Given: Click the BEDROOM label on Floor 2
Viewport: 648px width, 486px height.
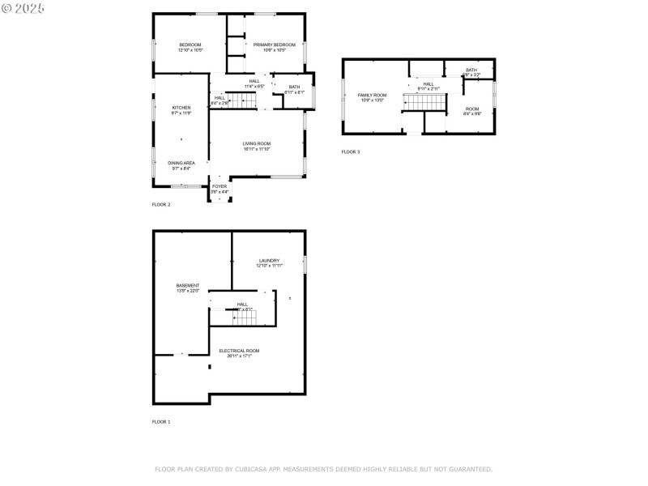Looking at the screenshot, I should [x=190, y=45].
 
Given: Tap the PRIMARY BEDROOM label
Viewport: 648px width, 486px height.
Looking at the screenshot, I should [x=274, y=45].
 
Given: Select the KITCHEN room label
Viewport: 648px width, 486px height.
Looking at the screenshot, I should [x=181, y=108].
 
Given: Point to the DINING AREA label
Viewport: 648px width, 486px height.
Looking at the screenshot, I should [x=181, y=163].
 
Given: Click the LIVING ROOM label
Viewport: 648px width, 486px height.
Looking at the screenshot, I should [x=256, y=143].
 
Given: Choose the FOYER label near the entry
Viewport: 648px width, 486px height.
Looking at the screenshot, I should [x=220, y=186].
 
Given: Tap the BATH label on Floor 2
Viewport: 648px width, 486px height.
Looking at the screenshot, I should [x=294, y=87].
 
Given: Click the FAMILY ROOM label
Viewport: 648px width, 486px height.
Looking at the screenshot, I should [x=373, y=95].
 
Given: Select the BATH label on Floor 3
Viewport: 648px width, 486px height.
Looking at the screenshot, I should [x=471, y=70].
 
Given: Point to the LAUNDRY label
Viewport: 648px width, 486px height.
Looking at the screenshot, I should [x=269, y=260].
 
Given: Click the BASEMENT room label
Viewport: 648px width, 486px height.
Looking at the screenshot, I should [x=188, y=285].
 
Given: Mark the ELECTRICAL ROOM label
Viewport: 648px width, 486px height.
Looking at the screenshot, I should [x=239, y=351].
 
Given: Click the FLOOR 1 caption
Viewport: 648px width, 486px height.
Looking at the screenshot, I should [x=161, y=422].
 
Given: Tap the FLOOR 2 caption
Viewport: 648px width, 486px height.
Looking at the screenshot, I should [x=161, y=204].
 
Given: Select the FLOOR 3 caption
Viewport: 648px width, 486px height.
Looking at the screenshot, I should [x=350, y=152].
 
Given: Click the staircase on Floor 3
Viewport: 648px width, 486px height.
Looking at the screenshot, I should [x=424, y=103].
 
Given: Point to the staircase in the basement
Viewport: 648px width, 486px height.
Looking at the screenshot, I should [x=245, y=318].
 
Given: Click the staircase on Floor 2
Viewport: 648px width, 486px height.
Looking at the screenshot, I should [x=241, y=101].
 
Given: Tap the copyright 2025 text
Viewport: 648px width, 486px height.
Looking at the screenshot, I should [x=23, y=7].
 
